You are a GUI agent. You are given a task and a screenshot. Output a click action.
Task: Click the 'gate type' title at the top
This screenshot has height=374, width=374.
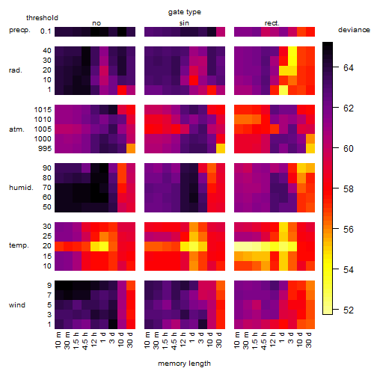point(185,12)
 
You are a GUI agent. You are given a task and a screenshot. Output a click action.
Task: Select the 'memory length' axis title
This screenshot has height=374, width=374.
point(184,364)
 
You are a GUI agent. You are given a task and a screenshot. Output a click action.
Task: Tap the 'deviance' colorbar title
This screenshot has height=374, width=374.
point(354,30)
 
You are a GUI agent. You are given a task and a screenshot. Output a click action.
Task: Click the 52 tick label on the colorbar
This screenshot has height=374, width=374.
point(349,310)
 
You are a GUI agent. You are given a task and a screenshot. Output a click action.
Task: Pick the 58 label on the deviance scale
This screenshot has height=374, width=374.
point(349,188)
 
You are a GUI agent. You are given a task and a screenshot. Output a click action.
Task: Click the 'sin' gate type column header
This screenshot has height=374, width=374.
point(184,23)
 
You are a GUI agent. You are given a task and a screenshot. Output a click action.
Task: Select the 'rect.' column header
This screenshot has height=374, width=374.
point(272,23)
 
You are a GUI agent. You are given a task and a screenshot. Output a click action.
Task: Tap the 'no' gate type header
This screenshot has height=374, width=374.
point(96,23)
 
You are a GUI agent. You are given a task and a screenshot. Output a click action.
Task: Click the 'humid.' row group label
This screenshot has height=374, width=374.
point(21,188)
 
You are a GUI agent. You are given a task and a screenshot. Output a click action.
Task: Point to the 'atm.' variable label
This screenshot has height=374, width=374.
point(16,129)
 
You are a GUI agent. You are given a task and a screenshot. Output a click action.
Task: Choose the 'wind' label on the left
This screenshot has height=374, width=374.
point(17,305)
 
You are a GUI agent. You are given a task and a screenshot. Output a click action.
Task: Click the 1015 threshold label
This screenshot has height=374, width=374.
point(43,110)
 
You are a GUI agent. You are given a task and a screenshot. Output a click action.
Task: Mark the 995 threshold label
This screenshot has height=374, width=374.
point(45,149)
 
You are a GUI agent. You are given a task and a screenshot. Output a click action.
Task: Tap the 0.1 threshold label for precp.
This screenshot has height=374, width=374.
point(46,31)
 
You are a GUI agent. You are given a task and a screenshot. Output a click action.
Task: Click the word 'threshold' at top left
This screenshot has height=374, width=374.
point(42,18)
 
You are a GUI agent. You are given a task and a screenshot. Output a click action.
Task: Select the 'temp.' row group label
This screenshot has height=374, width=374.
point(19,245)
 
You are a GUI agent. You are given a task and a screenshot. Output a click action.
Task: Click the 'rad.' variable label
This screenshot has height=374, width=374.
point(16,70)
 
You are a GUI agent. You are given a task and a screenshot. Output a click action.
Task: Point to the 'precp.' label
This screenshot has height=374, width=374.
point(19,30)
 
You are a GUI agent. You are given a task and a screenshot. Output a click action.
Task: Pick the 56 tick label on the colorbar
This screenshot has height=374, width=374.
point(349,229)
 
